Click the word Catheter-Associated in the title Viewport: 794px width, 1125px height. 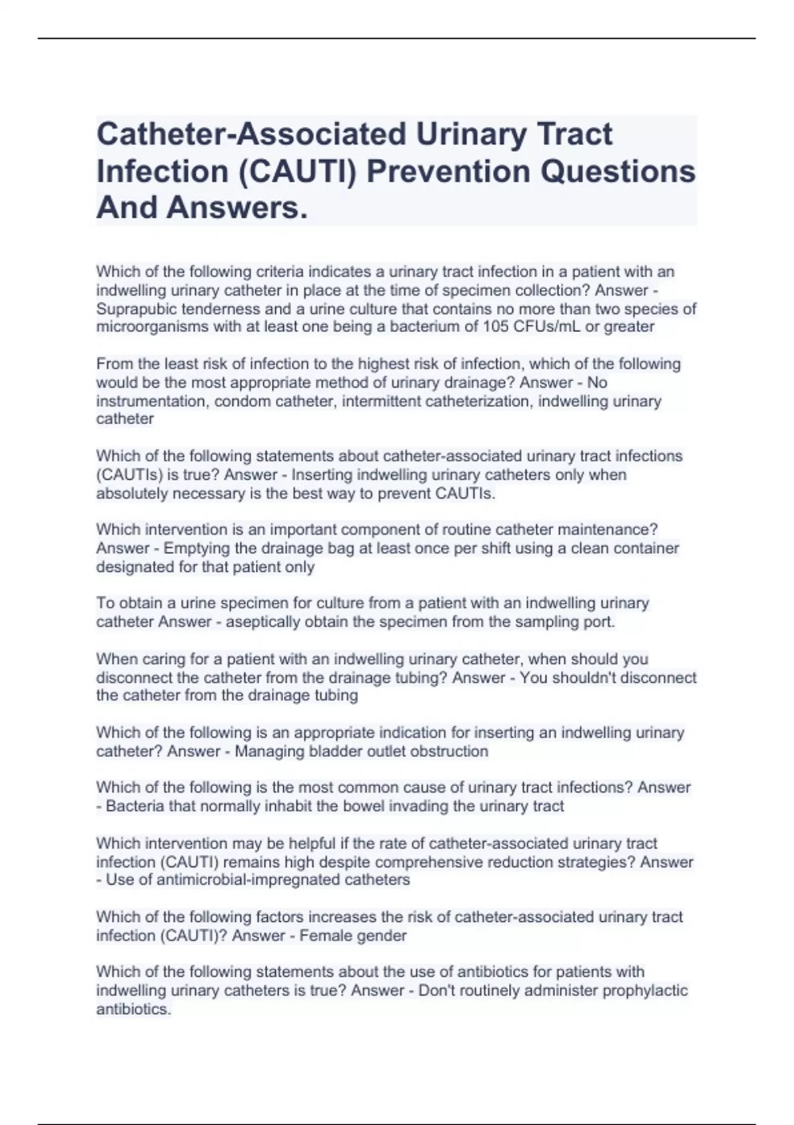coord(251,134)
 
